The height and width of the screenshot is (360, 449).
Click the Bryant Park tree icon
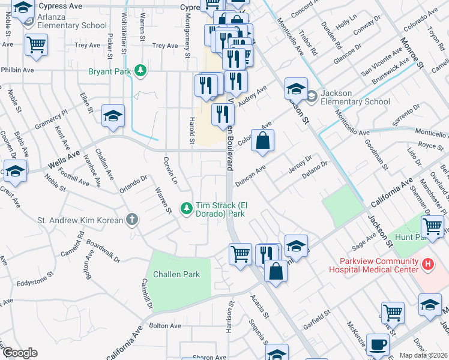(x=140, y=71)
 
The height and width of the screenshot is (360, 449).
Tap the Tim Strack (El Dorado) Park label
(x=221, y=209)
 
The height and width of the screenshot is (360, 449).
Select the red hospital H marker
(x=427, y=263)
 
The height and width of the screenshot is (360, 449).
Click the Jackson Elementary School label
(x=356, y=97)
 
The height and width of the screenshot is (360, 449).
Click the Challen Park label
(x=176, y=274)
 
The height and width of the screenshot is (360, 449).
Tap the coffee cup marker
(x=378, y=344)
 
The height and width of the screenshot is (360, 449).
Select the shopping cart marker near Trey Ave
(x=37, y=44)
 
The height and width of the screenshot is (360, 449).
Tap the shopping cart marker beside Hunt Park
(x=433, y=227)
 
